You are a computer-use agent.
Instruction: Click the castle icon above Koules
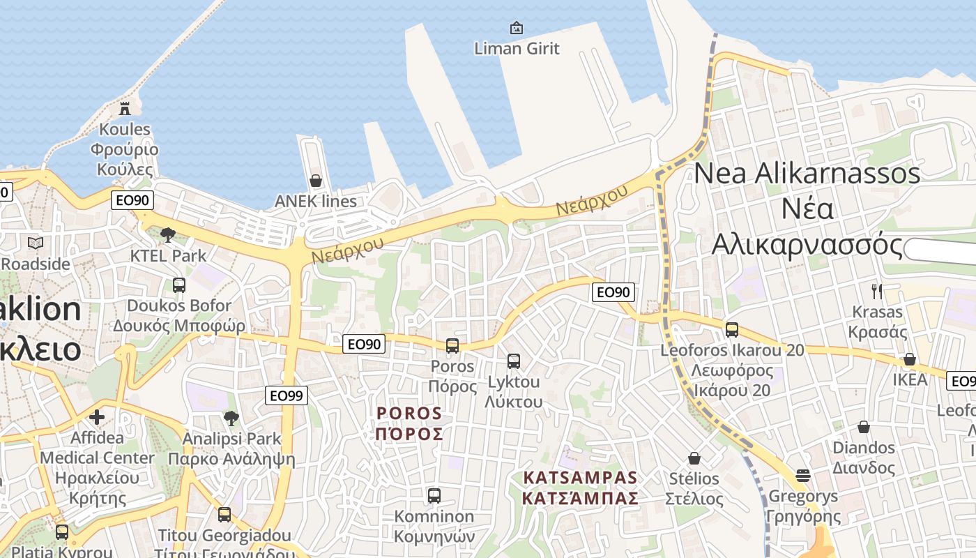(125, 109)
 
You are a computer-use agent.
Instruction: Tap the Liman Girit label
(517, 49)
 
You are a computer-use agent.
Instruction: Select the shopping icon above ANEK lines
(316, 181)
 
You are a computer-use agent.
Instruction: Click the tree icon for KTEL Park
(167, 235)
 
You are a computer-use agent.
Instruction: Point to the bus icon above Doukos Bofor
(179, 285)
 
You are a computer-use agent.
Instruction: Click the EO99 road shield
(287, 396)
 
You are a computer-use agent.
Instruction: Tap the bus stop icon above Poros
(452, 345)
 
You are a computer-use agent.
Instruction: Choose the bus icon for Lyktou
(514, 361)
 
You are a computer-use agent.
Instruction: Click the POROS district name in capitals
(409, 414)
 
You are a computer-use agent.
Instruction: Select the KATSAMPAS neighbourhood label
(580, 478)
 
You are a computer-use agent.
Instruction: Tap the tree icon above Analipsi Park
(231, 418)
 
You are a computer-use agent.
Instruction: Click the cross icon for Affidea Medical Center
(97, 417)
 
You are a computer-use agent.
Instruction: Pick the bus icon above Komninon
(434, 496)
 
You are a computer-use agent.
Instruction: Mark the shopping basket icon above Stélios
(694, 458)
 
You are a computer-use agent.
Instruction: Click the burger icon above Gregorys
(803, 476)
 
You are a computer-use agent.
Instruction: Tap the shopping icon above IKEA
(910, 359)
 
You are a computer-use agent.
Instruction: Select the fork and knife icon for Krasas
(877, 291)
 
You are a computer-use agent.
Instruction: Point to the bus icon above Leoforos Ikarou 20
(732, 330)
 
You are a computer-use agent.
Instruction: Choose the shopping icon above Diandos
(864, 427)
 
